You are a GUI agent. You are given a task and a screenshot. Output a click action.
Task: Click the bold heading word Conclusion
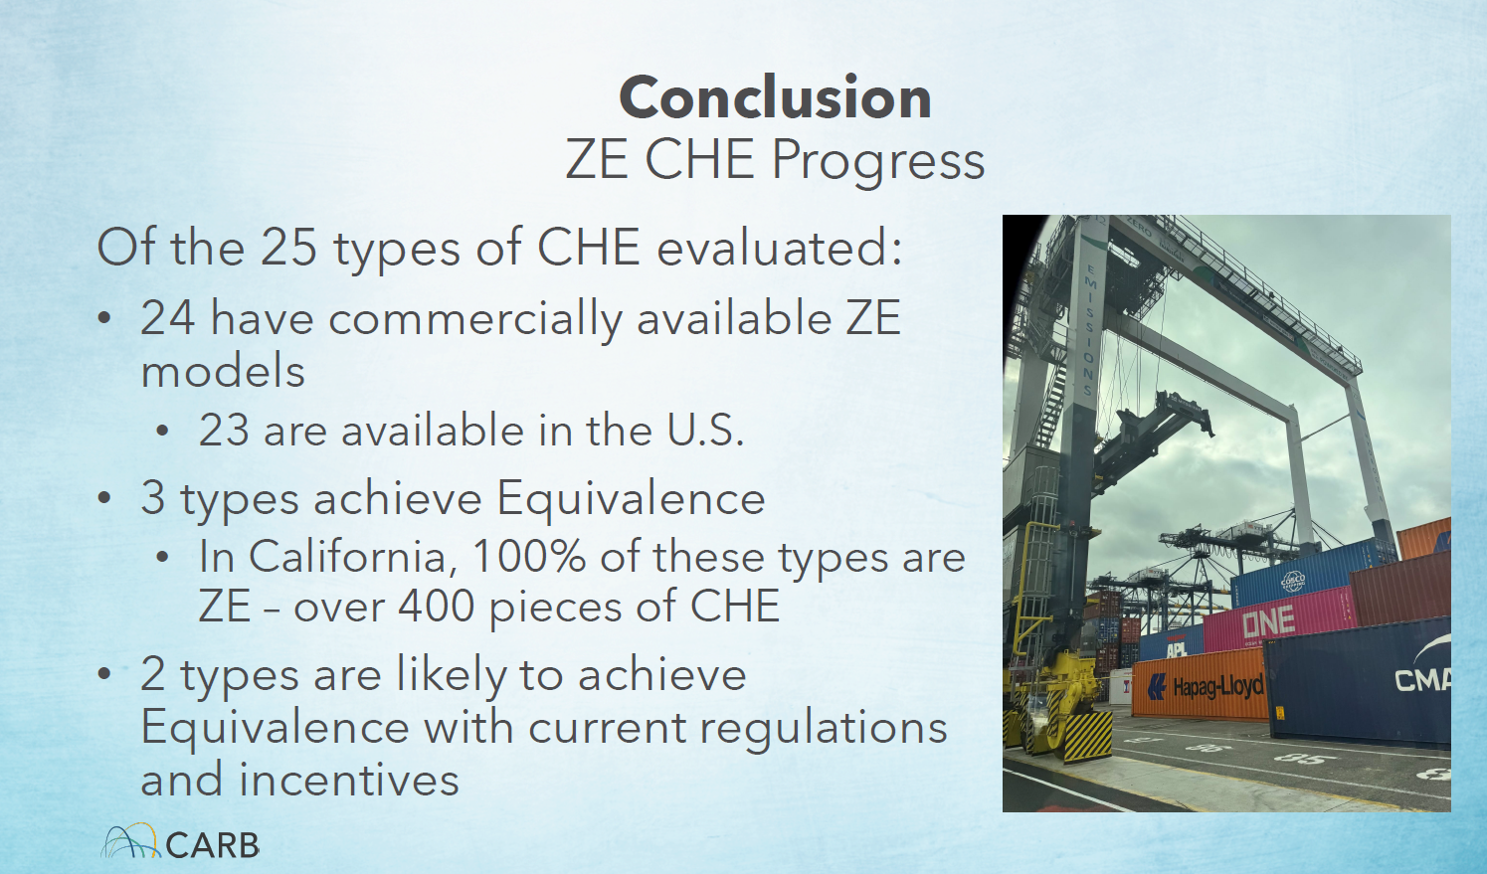(x=775, y=97)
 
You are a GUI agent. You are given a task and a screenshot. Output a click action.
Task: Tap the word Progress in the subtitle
(x=877, y=161)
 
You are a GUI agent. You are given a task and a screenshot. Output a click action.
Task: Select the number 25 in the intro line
(x=288, y=247)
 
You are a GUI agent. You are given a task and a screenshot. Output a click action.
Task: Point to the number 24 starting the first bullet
(x=168, y=317)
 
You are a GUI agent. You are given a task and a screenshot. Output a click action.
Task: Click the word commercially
(x=475, y=320)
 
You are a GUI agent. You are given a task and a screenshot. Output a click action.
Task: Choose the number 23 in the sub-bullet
(x=223, y=430)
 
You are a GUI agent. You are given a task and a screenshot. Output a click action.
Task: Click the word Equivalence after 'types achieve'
(x=631, y=499)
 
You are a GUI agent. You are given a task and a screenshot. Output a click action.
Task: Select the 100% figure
(x=529, y=556)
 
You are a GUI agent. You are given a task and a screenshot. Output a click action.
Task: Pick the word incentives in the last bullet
(x=349, y=780)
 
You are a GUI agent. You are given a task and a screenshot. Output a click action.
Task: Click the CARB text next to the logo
(x=213, y=845)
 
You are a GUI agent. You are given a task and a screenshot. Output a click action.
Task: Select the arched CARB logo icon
(x=130, y=841)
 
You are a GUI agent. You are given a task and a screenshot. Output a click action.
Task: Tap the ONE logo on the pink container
(x=1268, y=622)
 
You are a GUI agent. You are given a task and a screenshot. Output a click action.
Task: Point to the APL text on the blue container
(x=1177, y=648)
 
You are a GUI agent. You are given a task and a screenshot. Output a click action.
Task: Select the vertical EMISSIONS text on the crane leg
(x=1087, y=330)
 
